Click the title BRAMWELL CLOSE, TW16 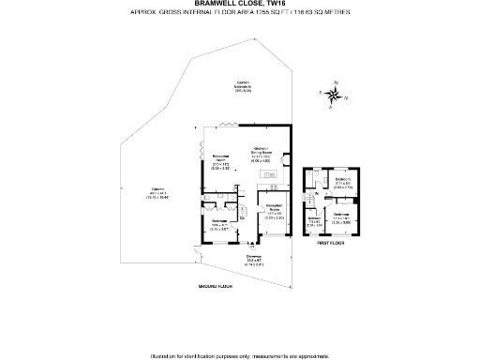tap(240, 4)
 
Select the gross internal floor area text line tap(240, 13)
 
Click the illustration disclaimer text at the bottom tap(240, 355)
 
